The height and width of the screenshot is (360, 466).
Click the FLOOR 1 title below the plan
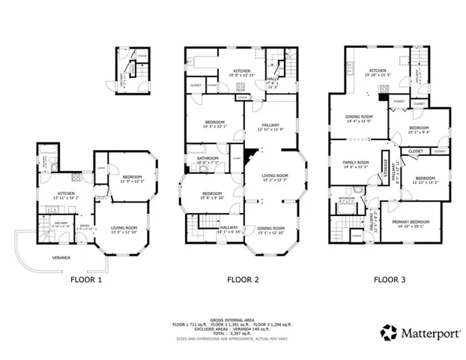(85, 279)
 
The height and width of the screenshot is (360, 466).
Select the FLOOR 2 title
(243, 279)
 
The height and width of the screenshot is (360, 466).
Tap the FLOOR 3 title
(390, 279)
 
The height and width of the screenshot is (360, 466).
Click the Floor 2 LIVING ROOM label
(275, 175)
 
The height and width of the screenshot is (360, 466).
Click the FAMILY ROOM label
(356, 162)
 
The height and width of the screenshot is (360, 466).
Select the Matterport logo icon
(388, 331)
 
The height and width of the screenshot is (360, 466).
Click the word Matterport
(425, 331)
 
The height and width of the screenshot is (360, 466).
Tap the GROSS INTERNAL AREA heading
(232, 319)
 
